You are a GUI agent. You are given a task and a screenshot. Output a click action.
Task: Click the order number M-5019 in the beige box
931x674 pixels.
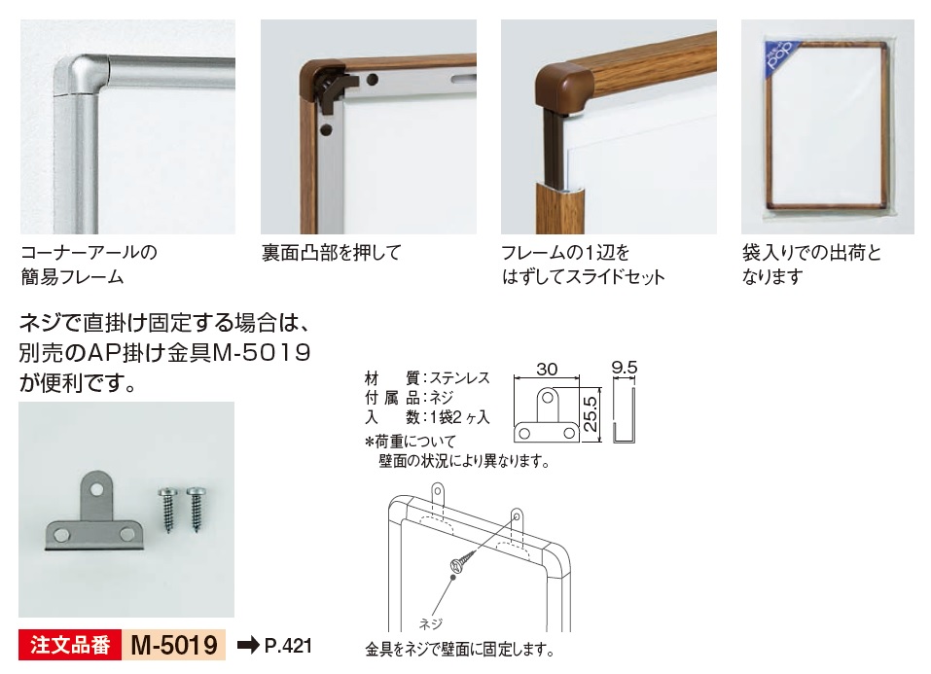click(174, 645)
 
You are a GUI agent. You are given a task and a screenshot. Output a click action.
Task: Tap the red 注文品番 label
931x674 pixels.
click(70, 645)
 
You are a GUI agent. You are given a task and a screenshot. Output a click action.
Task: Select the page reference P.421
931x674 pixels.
click(288, 646)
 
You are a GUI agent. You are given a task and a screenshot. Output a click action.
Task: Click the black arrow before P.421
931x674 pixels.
click(248, 645)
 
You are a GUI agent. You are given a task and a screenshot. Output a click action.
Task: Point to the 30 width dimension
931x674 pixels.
click(547, 370)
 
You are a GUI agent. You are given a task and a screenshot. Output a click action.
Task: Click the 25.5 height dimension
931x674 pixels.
click(590, 414)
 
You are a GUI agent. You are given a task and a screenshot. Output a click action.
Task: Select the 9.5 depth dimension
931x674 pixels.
click(624, 368)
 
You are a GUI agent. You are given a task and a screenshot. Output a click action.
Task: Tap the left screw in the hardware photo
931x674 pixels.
click(167, 510)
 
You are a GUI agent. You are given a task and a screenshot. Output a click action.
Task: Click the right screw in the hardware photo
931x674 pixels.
click(196, 509)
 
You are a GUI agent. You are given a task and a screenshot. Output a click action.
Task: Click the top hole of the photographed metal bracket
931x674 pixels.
click(96, 489)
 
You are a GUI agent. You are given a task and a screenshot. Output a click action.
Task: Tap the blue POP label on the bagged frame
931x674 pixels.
click(781, 55)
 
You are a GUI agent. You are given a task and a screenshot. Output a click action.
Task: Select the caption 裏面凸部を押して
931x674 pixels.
click(332, 252)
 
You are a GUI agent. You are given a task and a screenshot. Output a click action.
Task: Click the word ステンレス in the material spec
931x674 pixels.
click(459, 377)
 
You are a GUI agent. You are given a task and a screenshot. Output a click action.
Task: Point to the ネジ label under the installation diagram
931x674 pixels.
click(430, 622)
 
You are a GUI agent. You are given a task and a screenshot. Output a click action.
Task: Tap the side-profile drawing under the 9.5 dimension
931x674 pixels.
click(624, 415)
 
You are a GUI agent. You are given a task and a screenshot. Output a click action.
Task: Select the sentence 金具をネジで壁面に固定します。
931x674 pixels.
click(459, 649)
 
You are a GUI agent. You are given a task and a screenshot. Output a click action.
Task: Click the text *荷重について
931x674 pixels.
click(411, 442)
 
